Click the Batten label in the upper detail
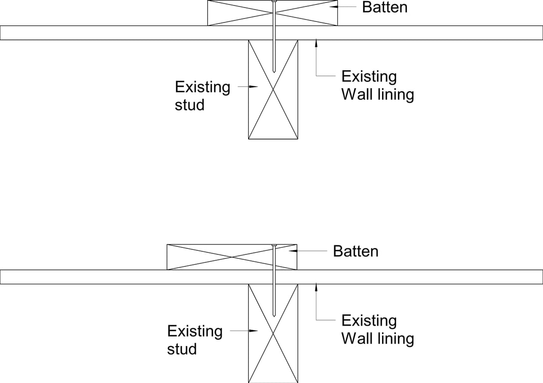click(x=384, y=7)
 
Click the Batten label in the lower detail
click(x=355, y=251)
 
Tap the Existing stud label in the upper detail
click(x=202, y=96)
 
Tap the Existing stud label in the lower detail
click(x=194, y=340)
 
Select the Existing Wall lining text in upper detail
click(x=377, y=85)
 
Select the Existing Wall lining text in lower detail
click(x=377, y=329)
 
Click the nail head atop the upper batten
click(x=273, y=1)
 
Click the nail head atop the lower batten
click(x=273, y=245)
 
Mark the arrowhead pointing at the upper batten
click(x=334, y=7)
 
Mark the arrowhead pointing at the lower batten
click(x=293, y=251)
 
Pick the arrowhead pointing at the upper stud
click(x=254, y=87)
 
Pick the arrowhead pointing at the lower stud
click(x=254, y=331)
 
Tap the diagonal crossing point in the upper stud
click(x=273, y=90)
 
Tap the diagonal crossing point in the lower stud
click(x=273, y=333)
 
